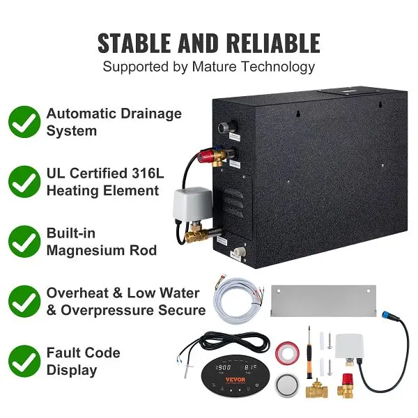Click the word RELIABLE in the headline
click(274, 43)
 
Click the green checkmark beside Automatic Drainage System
click(24, 122)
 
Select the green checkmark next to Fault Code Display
click(24, 361)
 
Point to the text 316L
click(148, 173)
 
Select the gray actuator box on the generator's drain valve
click(189, 203)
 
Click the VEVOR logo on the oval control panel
click(235, 380)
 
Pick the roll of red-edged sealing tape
click(287, 353)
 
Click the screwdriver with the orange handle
click(309, 352)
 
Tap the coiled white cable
click(238, 300)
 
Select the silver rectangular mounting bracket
click(324, 301)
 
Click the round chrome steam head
click(287, 385)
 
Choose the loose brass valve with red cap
click(346, 385)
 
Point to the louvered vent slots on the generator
click(233, 203)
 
